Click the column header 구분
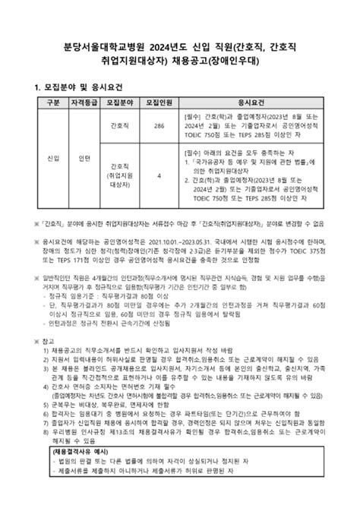[52, 103]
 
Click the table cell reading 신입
[52, 158]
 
